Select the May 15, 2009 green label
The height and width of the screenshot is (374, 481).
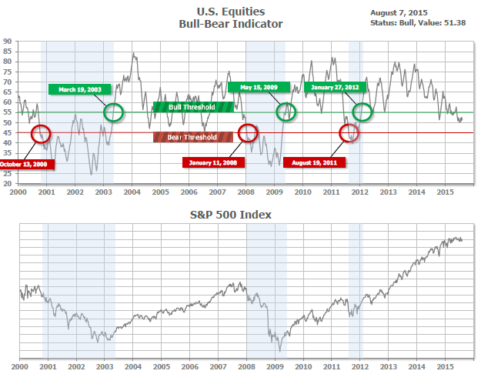click(258, 86)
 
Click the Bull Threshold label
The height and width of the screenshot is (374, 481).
click(192, 107)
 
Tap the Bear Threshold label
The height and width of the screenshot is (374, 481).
click(192, 137)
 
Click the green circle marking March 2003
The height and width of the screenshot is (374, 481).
click(113, 112)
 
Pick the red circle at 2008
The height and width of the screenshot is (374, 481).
click(247, 133)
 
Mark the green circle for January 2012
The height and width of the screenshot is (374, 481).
click(362, 112)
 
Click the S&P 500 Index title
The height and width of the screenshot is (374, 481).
click(240, 214)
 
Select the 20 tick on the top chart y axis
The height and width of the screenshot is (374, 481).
click(6, 184)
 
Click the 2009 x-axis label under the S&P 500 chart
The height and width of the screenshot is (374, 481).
click(274, 367)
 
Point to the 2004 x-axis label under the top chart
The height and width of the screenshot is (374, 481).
click(131, 191)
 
